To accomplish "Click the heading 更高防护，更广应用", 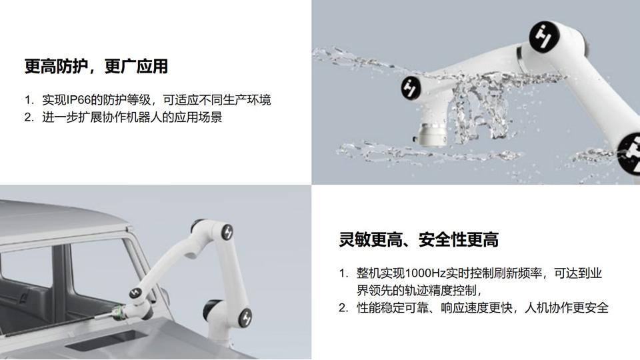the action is coord(96,66).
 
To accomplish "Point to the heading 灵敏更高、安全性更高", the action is coord(419,239).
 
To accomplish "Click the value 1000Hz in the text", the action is coord(425,273).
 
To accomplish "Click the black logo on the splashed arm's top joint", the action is coord(544,36).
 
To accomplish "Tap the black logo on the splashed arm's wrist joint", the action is coord(411,87).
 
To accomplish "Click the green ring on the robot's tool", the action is coord(121,311).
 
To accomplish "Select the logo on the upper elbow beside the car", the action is coord(227,233).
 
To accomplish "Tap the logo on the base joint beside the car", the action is coord(246,317).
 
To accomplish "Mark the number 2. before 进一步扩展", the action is coord(29,117).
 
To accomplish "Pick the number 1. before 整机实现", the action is coord(343,273).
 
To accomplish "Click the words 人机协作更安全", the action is coord(567,307).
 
